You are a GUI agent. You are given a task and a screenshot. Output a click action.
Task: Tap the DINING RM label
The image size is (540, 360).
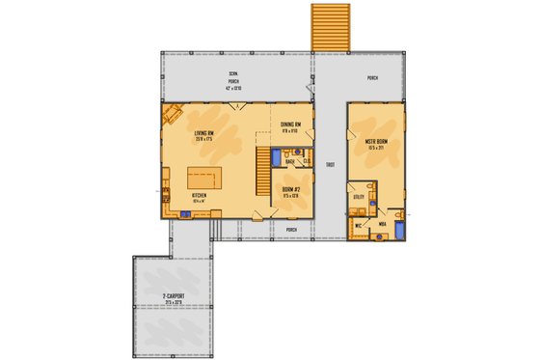tap(292, 125)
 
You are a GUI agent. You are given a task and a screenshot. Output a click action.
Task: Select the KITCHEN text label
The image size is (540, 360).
tap(201, 194)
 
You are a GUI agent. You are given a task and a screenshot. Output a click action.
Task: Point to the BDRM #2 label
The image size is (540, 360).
tap(292, 188)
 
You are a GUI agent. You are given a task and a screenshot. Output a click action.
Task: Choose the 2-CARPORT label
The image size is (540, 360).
tap(174, 296)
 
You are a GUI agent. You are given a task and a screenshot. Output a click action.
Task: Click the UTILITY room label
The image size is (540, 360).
tap(359, 196)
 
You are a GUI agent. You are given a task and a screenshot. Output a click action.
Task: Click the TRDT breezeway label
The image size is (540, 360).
tap(330, 165)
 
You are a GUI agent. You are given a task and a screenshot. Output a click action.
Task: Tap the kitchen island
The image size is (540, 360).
tap(202, 178)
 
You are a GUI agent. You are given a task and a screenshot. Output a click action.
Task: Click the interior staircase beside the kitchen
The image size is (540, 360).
tap(263, 168)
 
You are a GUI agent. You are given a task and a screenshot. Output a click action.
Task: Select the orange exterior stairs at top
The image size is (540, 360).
tap(330, 26)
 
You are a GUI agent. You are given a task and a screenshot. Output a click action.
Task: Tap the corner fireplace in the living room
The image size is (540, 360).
tap(172, 116)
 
